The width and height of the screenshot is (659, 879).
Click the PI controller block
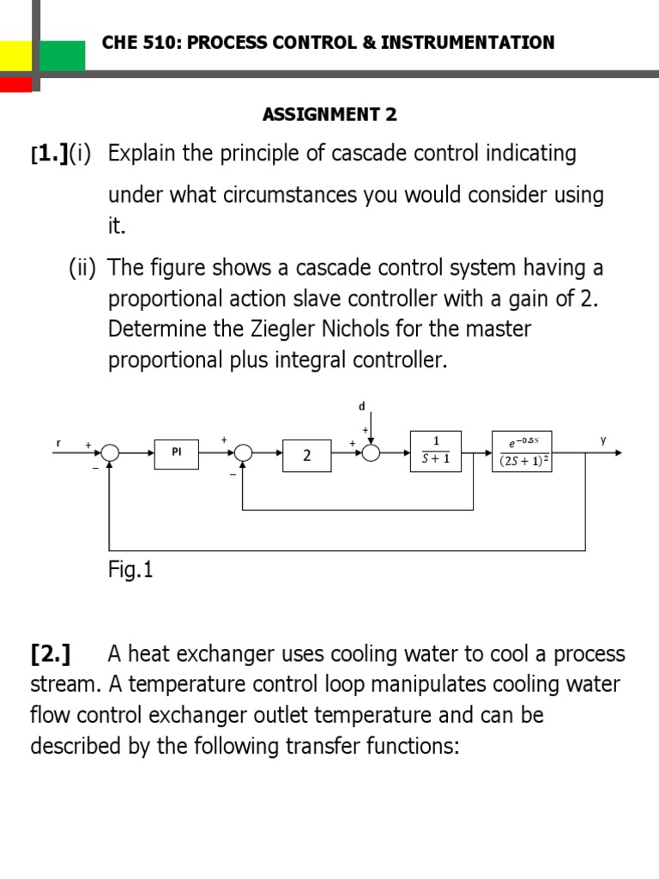pyautogui.click(x=177, y=453)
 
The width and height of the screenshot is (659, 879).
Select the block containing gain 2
pyautogui.click(x=306, y=455)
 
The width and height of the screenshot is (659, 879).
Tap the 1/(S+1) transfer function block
pyautogui.click(x=435, y=452)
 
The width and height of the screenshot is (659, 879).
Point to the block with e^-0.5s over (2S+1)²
pyautogui.click(x=522, y=452)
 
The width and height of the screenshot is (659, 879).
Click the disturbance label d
pyautogui.click(x=361, y=405)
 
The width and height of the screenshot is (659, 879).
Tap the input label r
pyautogui.click(x=58, y=442)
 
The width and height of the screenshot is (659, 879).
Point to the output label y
pyautogui.click(x=602, y=440)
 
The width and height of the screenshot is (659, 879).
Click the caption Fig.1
pyautogui.click(x=130, y=570)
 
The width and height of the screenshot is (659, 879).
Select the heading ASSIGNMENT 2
pyautogui.click(x=329, y=114)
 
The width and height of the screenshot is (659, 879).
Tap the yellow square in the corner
pyautogui.click(x=15, y=57)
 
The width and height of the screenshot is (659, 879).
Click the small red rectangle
pyautogui.click(x=15, y=84)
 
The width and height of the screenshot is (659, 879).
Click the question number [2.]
pyautogui.click(x=51, y=654)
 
